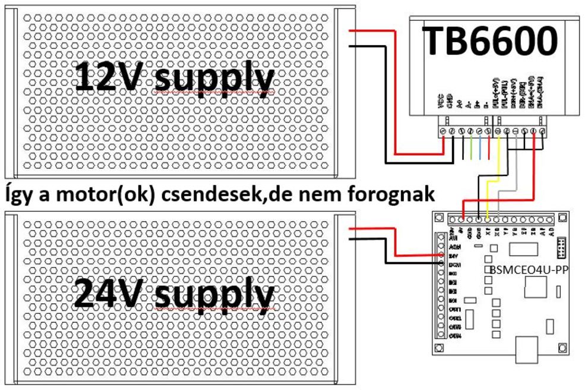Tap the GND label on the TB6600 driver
pyautogui.click(x=451, y=105)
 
